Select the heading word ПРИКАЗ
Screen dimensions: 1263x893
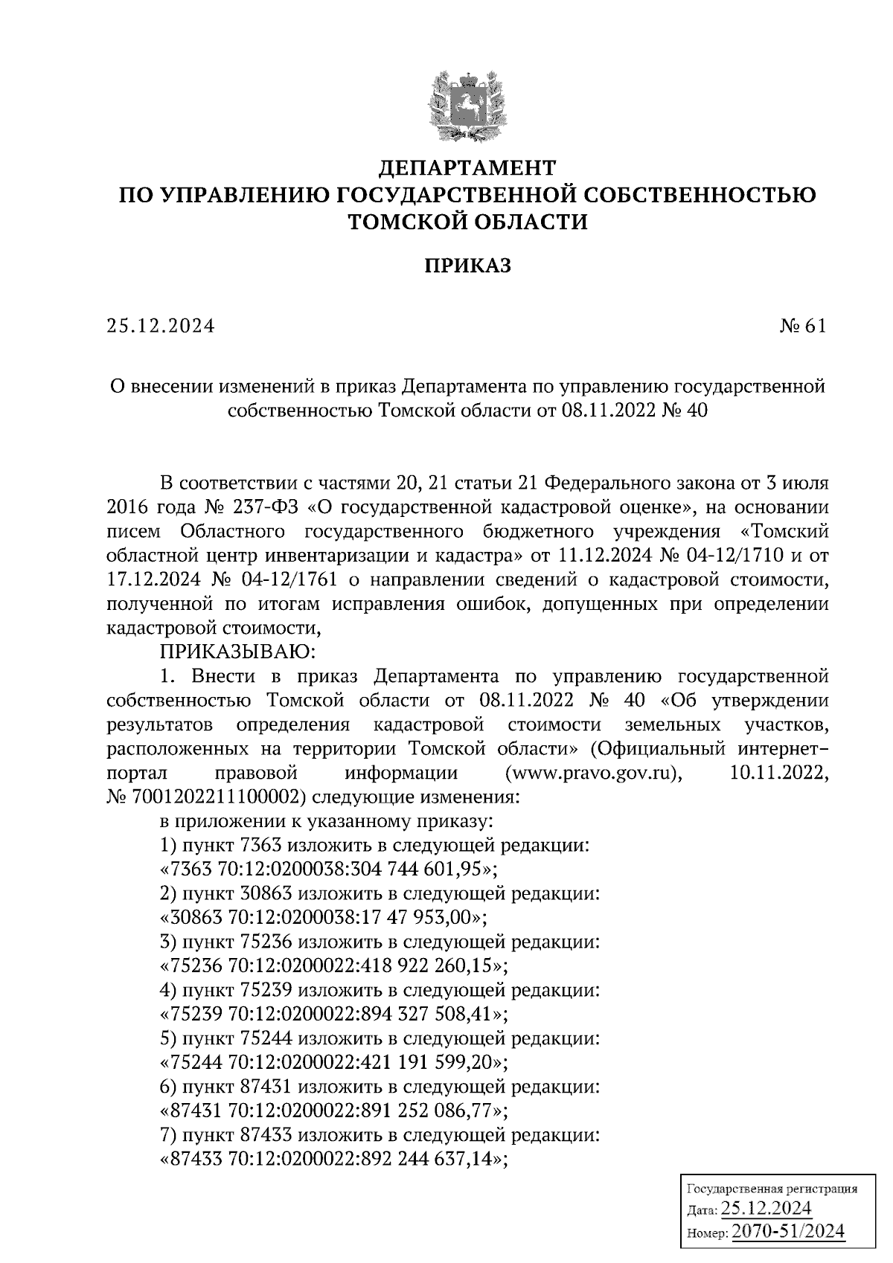pos(467,266)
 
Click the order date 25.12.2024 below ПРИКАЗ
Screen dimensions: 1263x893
pos(161,326)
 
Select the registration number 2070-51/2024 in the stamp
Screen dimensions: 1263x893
pos(790,1231)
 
